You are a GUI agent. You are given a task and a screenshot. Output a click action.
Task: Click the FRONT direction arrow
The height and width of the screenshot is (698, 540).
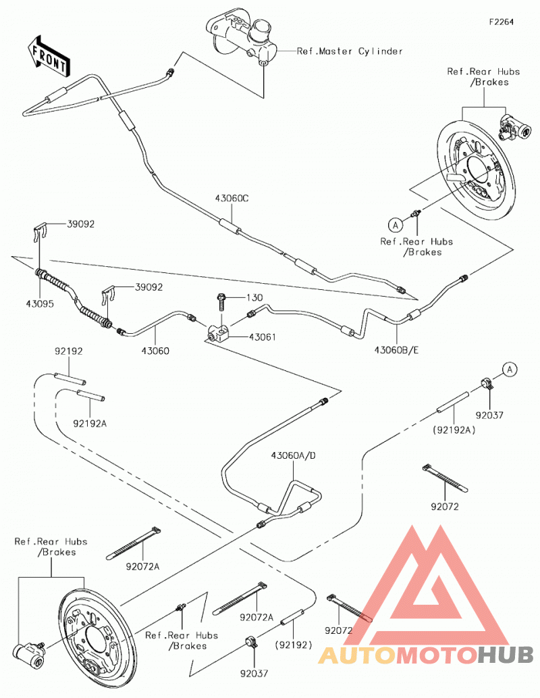48,57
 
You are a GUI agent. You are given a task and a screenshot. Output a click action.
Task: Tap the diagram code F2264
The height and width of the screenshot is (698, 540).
501,22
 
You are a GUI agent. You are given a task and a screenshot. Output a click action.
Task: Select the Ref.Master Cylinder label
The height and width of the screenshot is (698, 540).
350,51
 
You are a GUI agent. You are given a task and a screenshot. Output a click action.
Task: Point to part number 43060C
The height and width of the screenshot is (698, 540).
232,198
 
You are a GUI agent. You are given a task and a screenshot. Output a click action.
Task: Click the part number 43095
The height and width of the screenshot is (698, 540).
40,303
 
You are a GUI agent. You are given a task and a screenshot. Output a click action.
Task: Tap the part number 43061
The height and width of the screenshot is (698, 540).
262,337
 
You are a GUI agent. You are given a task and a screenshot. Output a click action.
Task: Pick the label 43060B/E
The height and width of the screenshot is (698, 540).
396,350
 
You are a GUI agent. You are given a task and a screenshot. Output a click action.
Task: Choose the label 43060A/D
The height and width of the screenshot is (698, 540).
294,455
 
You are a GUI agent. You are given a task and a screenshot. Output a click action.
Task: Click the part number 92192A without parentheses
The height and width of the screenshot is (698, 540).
90,424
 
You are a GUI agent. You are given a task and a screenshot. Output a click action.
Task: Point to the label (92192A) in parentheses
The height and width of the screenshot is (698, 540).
454,430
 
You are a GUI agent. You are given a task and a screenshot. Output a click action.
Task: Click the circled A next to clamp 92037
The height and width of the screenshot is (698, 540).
510,370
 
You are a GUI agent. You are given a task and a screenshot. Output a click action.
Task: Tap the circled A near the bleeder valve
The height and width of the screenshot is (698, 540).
395,225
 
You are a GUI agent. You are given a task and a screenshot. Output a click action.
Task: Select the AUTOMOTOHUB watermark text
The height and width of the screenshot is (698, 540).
426,655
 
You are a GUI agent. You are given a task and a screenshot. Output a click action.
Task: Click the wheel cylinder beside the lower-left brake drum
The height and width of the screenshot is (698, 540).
29,653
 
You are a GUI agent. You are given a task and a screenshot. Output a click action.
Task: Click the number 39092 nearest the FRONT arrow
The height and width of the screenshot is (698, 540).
81,224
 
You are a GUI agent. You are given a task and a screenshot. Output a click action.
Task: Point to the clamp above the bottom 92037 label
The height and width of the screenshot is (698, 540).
252,643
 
